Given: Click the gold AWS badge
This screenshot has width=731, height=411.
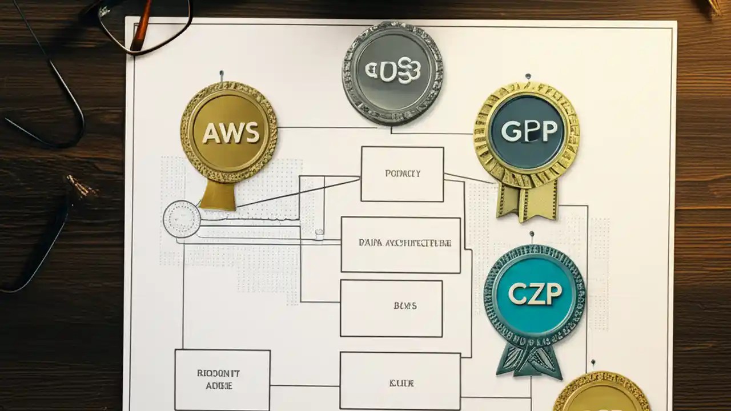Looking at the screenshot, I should point(229,132).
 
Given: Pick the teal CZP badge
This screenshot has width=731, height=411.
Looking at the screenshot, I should point(535,295).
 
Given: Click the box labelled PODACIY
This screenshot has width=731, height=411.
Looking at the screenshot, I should point(402,174).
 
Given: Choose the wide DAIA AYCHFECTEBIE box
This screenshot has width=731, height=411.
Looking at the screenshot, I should point(400,244).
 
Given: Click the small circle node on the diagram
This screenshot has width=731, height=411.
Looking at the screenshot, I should point(182,220).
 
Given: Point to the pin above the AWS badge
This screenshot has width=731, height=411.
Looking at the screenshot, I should point(222,74).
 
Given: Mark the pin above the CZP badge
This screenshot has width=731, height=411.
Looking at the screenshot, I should point(532,234).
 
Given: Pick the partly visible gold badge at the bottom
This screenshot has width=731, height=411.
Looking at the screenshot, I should point(601,394).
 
